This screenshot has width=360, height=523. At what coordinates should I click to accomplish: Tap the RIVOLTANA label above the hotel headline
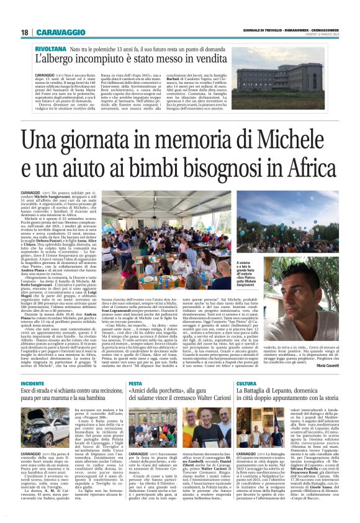(x=51, y=48)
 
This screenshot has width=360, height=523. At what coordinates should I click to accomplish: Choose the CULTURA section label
(x=246, y=383)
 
